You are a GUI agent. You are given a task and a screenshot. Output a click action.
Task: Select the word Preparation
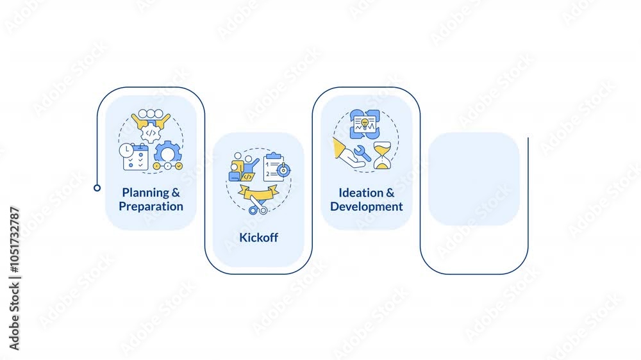(151, 206)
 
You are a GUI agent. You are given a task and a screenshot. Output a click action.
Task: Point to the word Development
(367, 206)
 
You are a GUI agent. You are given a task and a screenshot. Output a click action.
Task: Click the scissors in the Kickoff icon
(258, 207)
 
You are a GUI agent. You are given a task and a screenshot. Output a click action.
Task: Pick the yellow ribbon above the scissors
(258, 191)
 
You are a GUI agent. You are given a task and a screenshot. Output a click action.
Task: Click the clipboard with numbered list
(275, 165)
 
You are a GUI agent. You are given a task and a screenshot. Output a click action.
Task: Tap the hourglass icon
(382, 156)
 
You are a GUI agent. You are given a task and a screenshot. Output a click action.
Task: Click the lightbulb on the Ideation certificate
(365, 122)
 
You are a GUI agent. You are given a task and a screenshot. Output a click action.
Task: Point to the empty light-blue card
(474, 179)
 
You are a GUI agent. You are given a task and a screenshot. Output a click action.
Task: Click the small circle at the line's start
(97, 188)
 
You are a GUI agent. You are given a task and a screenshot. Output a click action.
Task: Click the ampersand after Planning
(176, 193)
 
